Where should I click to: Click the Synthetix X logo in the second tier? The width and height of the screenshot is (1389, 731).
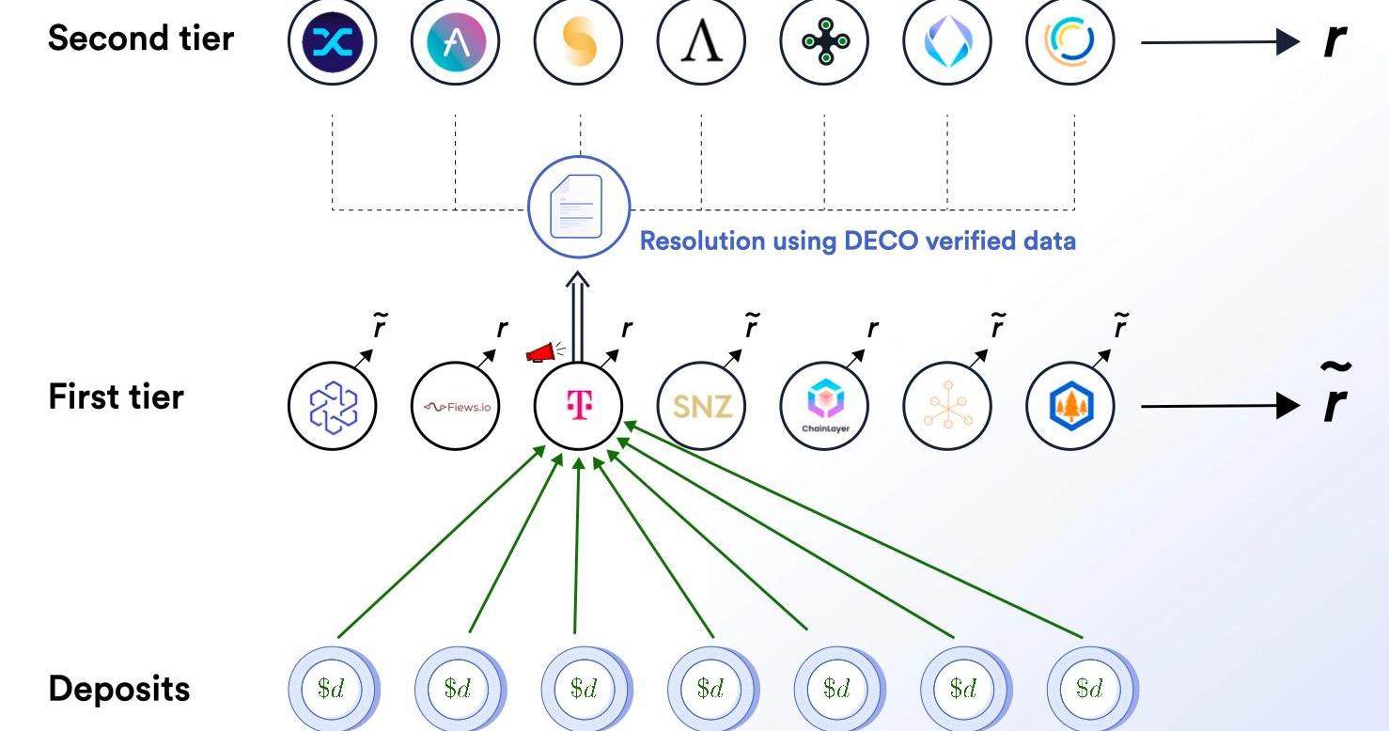pyautogui.click(x=333, y=41)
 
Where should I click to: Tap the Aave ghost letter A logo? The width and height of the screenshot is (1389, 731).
pyautogui.click(x=455, y=41)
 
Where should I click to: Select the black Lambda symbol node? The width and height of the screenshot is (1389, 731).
pyautogui.click(x=701, y=41)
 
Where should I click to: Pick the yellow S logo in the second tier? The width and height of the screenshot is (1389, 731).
pyautogui.click(x=579, y=41)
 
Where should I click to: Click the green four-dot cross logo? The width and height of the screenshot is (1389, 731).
pyautogui.click(x=824, y=41)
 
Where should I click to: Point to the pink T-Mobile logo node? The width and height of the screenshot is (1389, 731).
pyautogui.click(x=579, y=406)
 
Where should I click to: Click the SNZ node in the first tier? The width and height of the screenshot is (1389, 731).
pyautogui.click(x=701, y=406)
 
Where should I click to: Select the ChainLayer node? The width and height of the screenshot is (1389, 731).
pyautogui.click(x=824, y=406)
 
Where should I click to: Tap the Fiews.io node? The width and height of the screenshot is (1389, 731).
pyautogui.click(x=455, y=406)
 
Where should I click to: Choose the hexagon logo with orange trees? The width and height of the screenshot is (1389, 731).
pyautogui.click(x=1070, y=406)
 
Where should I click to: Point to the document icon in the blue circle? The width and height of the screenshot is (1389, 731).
pyautogui.click(x=577, y=207)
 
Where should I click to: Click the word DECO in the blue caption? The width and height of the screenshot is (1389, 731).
pyautogui.click(x=882, y=241)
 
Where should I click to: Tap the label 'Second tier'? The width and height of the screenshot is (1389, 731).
pyautogui.click(x=141, y=39)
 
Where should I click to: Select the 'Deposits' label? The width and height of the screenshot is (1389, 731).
pyautogui.click(x=119, y=689)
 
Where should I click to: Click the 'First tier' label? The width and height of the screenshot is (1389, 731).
pyautogui.click(x=116, y=397)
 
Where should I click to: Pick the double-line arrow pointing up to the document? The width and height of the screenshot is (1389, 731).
pyautogui.click(x=577, y=317)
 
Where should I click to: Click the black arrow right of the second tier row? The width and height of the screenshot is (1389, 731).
pyautogui.click(x=1221, y=42)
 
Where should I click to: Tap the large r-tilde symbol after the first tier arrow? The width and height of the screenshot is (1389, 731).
pyautogui.click(x=1334, y=395)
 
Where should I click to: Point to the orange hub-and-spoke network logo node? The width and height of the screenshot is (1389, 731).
pyautogui.click(x=947, y=406)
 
